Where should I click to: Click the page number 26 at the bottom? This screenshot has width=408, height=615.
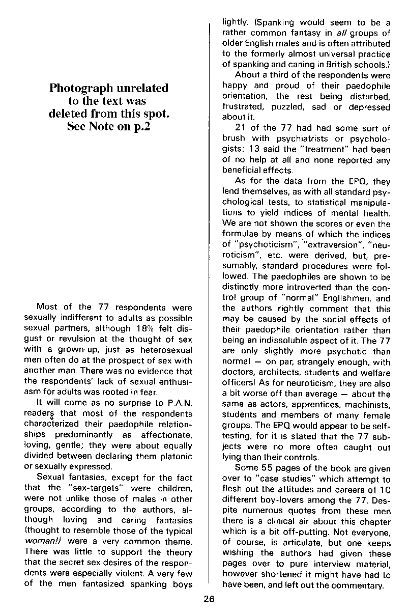pyautogui.click(x=209, y=599)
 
